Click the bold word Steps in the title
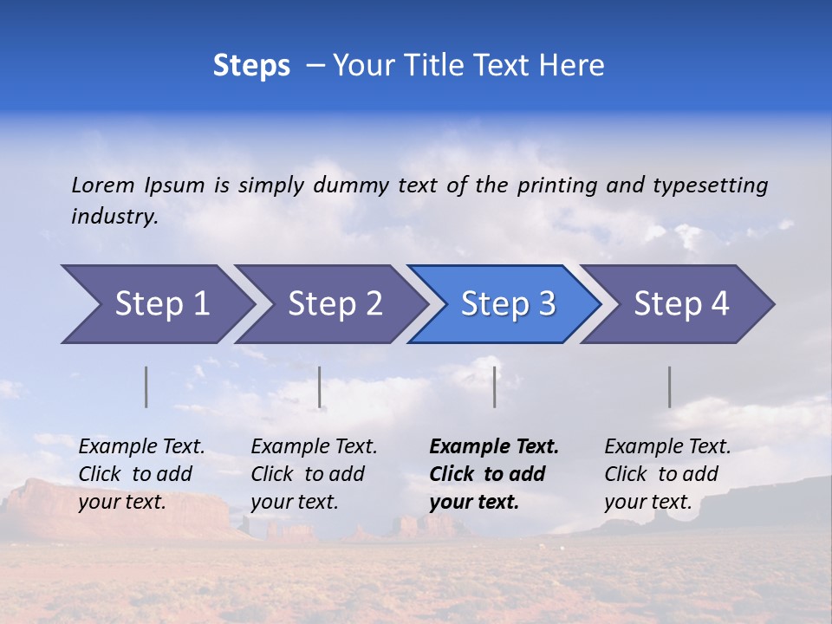click(251, 65)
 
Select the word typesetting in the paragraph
click(710, 185)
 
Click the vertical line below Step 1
click(146, 387)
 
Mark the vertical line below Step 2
click(320, 387)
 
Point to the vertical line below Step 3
click(494, 387)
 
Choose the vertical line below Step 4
click(669, 387)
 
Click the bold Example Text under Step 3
click(494, 446)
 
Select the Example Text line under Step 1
click(141, 446)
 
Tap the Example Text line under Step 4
click(667, 446)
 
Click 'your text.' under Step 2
click(294, 502)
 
